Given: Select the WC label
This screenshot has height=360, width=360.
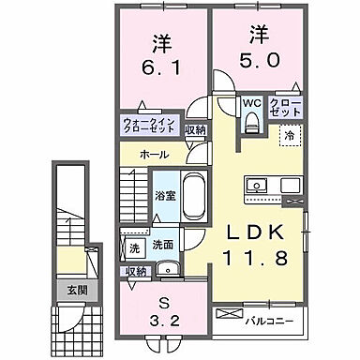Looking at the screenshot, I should tap(251, 103).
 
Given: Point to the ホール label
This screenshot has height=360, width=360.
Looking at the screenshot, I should tap(155, 152).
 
